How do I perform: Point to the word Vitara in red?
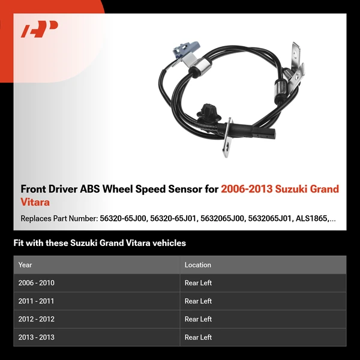coord(35,202)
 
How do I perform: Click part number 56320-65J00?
coord(123,219)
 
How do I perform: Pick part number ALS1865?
coord(312,219)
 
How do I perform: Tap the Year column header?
coord(25,265)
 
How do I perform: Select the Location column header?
coord(198,265)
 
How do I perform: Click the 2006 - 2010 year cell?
coord(37,283)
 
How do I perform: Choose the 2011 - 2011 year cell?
coord(37,301)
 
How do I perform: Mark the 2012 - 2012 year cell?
coord(37,319)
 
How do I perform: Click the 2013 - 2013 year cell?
coord(37,337)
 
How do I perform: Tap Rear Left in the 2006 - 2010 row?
coord(199,283)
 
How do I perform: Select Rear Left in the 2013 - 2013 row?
coord(199,337)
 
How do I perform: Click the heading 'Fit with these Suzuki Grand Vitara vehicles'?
coord(100,243)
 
